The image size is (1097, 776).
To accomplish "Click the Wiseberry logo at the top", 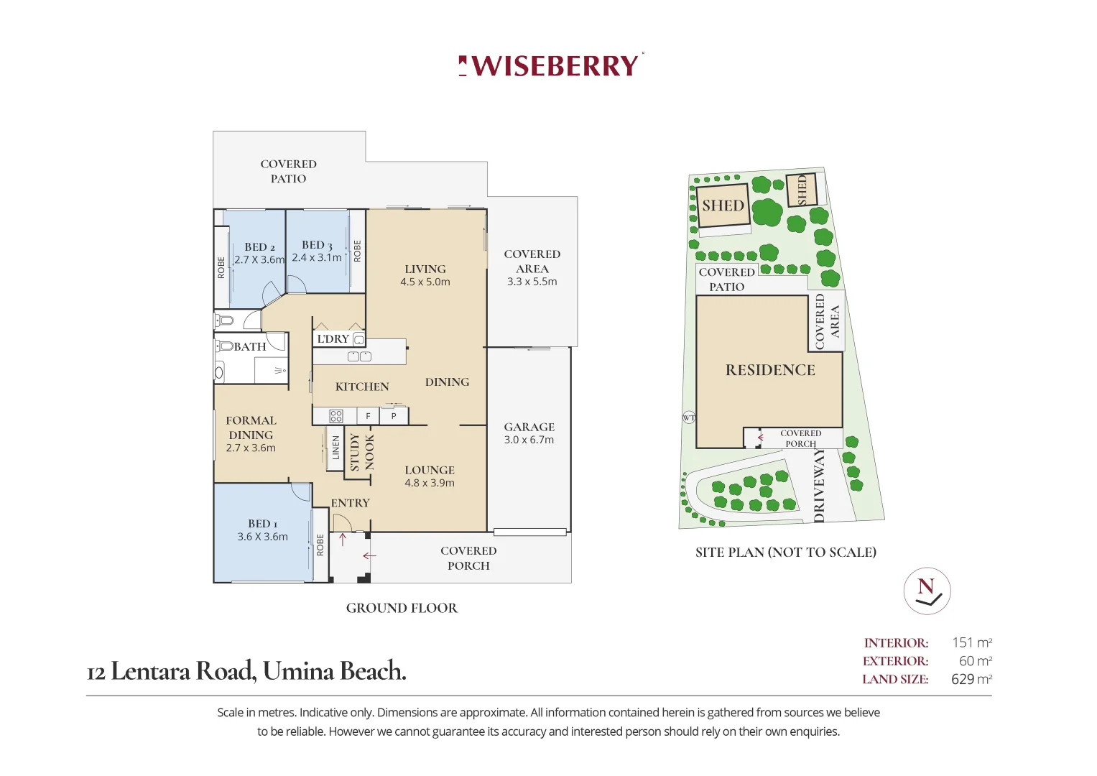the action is tap(551, 65).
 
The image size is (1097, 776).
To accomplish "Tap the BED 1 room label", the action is tap(262, 524).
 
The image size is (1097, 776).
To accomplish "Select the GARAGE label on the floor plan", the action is tap(529, 428).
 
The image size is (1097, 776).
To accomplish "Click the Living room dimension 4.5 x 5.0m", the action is tap(425, 282).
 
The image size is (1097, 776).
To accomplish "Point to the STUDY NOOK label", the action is tap(362, 452).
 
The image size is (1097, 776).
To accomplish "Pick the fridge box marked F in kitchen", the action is tap(368, 417).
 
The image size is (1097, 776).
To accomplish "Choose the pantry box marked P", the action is tap(394, 417).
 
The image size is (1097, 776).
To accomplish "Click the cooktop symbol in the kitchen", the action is tap(336, 417).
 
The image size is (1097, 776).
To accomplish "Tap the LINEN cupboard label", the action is tap(336, 447).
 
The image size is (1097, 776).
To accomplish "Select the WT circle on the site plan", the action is tap(689, 418).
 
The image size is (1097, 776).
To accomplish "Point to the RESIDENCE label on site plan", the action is tap(770, 370).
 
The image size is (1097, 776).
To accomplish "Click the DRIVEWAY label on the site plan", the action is tap(819, 486).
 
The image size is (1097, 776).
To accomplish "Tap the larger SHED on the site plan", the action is tap(723, 205).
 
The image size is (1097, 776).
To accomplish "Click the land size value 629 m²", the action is tap(971, 679).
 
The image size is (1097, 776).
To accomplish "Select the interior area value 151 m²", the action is tap(972, 642).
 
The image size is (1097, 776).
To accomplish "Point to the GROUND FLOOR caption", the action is tap(402, 608).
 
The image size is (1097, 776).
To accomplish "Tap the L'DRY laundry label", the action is tap(333, 338).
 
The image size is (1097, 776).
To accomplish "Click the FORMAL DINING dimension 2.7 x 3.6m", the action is tap(251, 448).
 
